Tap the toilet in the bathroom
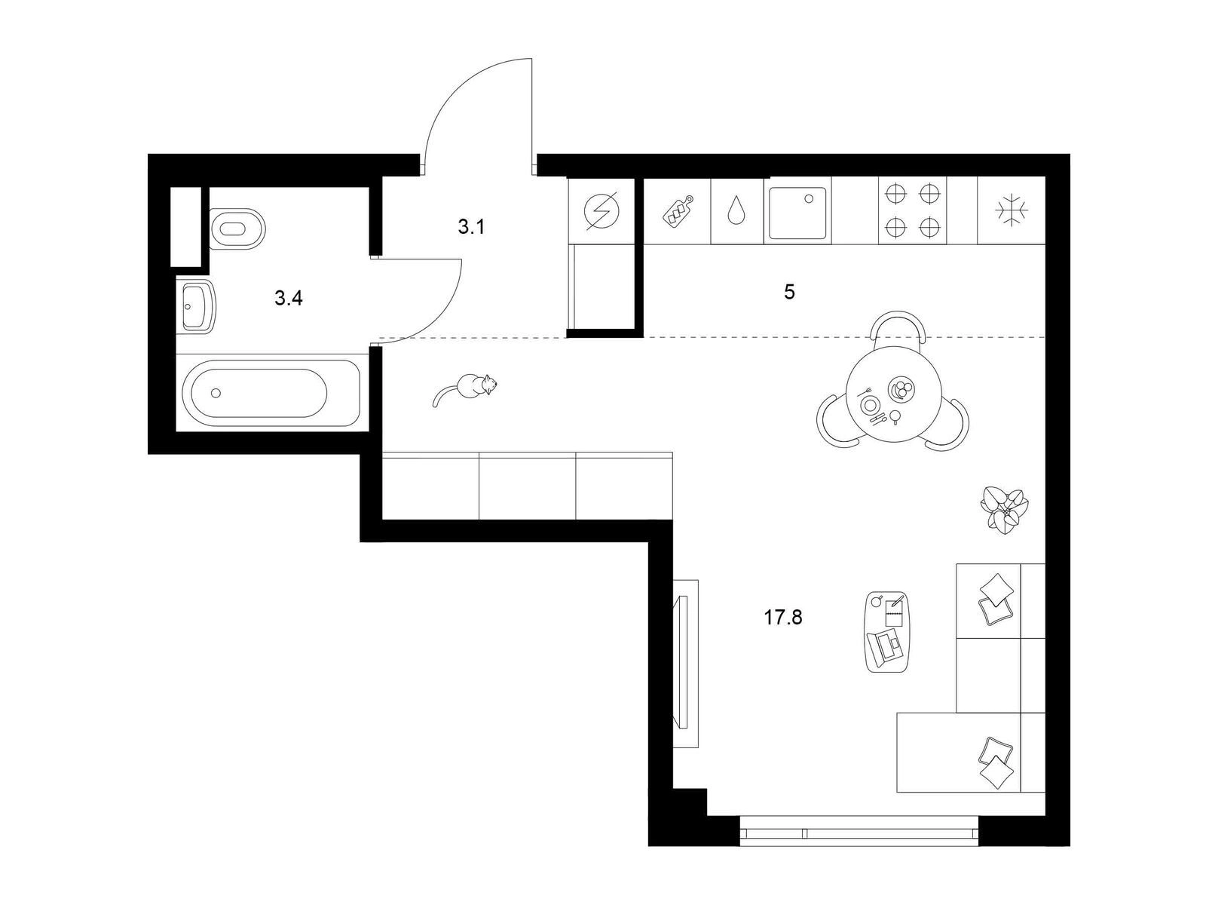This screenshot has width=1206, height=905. point(237,229)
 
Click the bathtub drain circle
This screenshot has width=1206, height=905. point(216,393)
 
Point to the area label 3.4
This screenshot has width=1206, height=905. point(289,299)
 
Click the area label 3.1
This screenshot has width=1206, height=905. point(471,226)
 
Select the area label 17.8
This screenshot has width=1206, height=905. point(783,618)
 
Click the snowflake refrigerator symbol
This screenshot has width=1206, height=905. point(1012,210)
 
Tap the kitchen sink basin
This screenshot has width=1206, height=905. point(797,213)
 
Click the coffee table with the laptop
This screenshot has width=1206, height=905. point(887,631)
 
